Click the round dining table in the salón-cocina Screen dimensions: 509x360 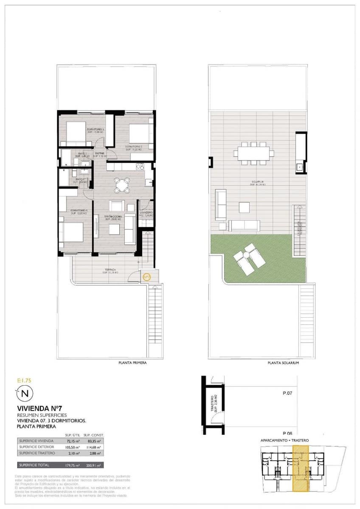(x=122, y=185)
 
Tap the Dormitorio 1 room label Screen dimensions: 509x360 (x=79, y=212)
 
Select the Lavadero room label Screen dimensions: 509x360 (x=146, y=213)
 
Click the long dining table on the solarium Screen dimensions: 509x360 (x=253, y=152)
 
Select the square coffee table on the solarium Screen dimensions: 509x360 (x=244, y=207)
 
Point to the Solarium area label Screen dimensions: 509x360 (x=258, y=183)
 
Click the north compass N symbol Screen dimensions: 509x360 (x=25, y=394)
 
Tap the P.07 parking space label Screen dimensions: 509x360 (x=287, y=393)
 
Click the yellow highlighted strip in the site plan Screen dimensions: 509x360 (x=301, y=471)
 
